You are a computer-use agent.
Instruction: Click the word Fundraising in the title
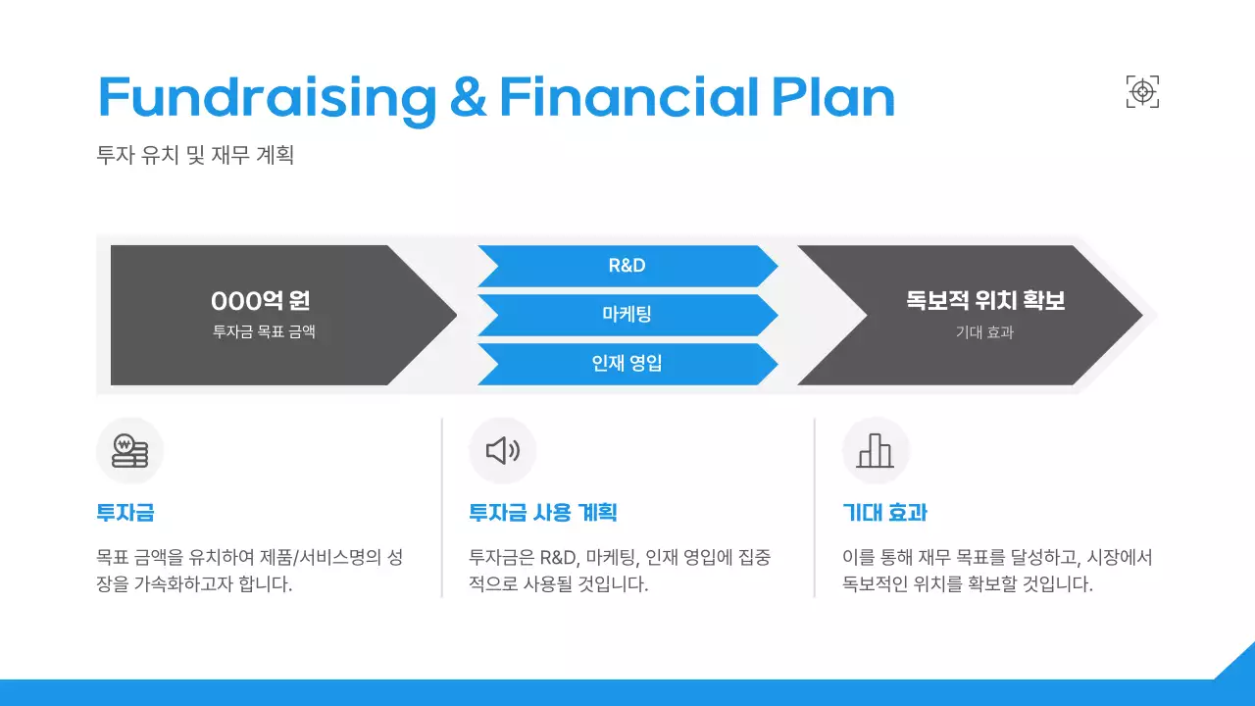coord(267,98)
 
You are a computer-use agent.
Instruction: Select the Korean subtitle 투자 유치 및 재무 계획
coord(195,155)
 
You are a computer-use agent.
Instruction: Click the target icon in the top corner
coord(1142,92)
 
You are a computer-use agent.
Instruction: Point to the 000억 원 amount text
coord(261,301)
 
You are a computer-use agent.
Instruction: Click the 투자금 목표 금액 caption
coord(264,332)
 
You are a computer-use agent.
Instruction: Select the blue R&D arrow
coord(627,266)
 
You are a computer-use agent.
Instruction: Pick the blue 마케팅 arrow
coord(627,315)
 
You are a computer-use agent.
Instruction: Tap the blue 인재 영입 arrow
coord(627,364)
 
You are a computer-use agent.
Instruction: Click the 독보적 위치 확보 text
coord(985,301)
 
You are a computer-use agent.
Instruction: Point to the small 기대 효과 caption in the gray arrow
coord(984,332)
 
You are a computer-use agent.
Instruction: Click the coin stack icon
coord(129,451)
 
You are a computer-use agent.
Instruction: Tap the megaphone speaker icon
coord(503,451)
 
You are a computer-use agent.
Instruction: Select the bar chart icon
coord(876,451)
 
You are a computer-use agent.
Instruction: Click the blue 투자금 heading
coord(125,513)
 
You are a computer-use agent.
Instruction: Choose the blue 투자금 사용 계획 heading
coord(543,513)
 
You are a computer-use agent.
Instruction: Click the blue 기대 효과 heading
coord(884,513)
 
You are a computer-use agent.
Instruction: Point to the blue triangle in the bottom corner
coord(1238,664)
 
